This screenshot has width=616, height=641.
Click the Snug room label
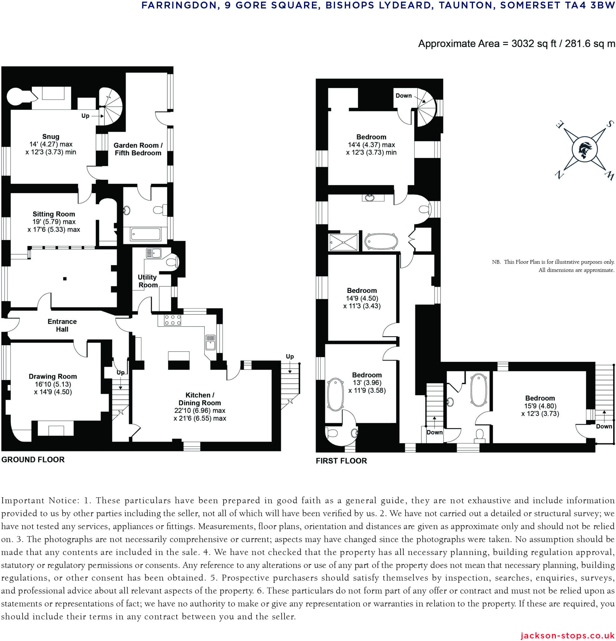coord(51,137)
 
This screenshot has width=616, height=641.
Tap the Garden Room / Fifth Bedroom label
coord(138,149)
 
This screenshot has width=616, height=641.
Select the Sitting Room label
coord(54,214)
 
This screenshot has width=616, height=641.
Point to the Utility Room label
coord(147,281)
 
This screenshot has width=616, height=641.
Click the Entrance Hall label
coord(62,326)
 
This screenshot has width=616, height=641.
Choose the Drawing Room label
coord(53,377)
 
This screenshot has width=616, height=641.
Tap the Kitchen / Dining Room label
coord(200,399)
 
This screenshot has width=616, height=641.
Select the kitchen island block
coord(179,360)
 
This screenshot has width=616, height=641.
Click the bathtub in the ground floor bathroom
coord(146,234)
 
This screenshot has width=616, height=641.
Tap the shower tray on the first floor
coord(344,242)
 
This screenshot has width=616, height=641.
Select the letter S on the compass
coord(610,124)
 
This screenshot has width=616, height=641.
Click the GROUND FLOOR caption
coord(33,459)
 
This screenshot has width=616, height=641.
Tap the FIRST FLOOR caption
coord(341,461)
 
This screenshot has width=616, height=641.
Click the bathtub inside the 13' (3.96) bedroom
coord(335,395)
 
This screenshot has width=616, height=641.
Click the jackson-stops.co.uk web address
coord(568,635)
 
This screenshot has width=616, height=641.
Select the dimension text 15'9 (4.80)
coord(540,406)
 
